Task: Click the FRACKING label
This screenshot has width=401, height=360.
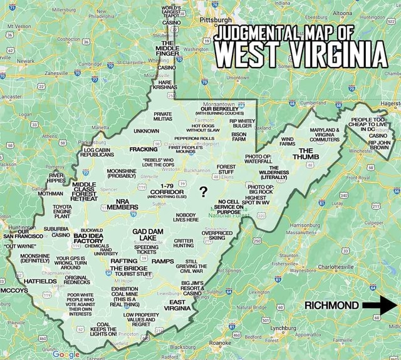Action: pos(145,150)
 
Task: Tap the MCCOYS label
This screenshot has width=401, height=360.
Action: pos(13,291)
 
